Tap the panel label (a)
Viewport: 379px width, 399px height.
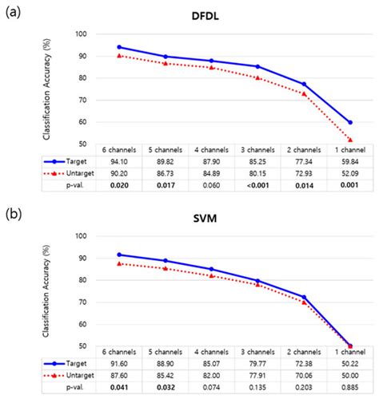tap(14, 12)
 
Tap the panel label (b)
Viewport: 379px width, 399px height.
tap(14, 213)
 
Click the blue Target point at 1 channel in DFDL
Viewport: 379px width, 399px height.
tap(349, 122)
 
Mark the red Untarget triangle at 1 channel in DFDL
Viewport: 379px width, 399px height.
tap(349, 140)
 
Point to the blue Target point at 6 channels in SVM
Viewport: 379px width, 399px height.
tap(118, 255)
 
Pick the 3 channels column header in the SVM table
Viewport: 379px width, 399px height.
tap(257, 351)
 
